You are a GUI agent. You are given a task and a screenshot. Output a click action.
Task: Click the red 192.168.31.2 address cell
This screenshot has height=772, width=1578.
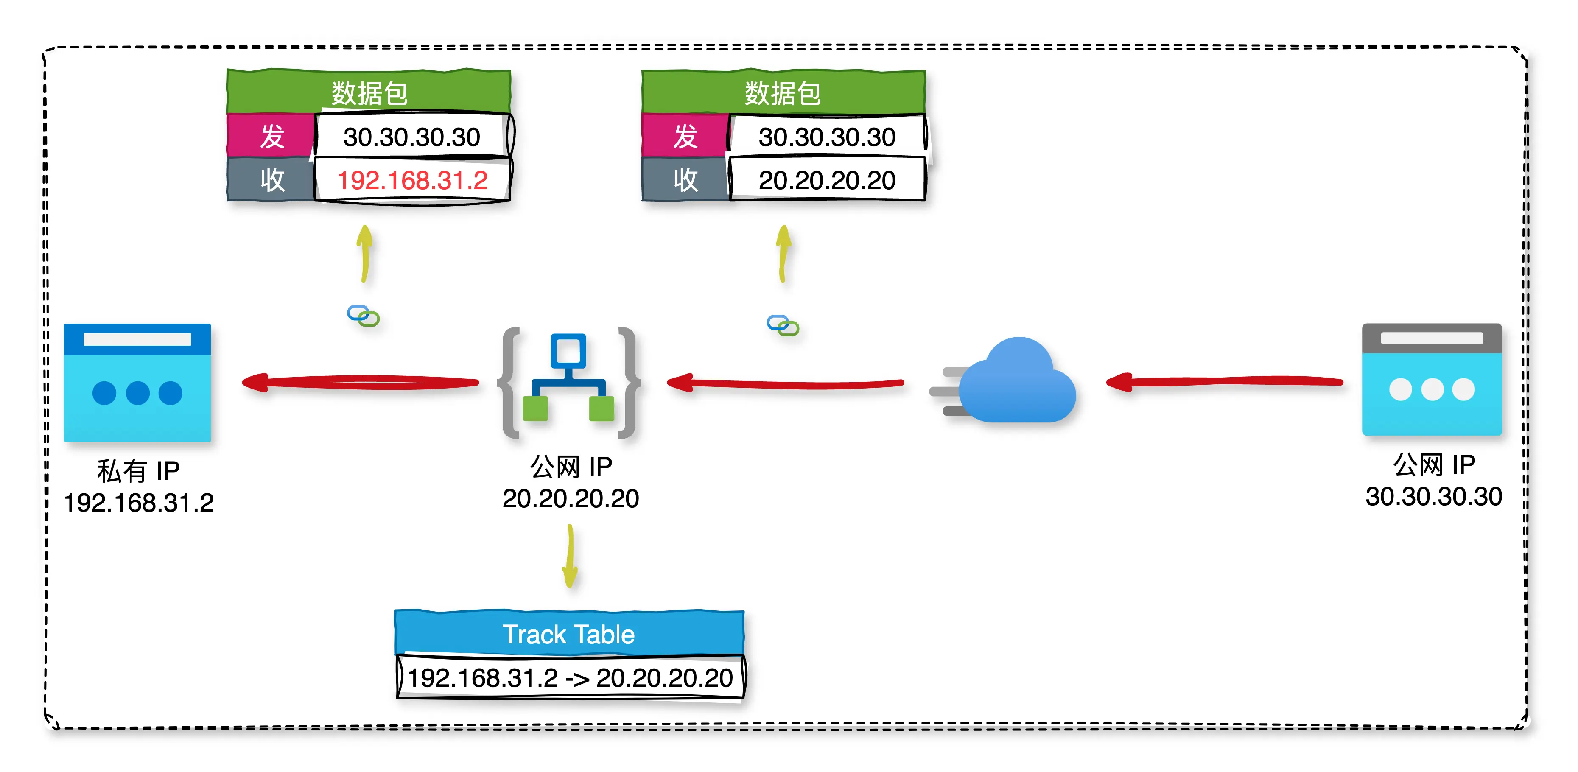(412, 181)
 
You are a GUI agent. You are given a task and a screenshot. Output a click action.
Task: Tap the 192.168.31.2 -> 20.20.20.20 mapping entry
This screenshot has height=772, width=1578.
(570, 678)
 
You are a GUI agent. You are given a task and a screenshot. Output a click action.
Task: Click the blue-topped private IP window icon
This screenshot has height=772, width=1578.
(137, 383)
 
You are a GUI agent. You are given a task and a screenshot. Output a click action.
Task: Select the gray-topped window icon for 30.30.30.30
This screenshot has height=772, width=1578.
(1432, 380)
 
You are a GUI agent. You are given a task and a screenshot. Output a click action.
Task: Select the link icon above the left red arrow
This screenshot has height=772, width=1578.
(363, 316)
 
